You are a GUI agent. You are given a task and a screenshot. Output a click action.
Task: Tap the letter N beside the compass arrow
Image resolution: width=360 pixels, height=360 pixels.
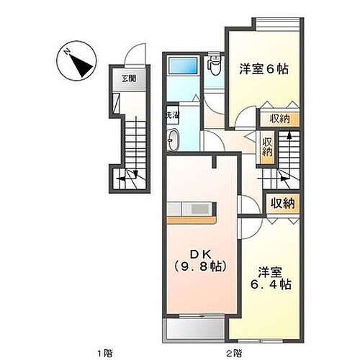[x=66, y=52]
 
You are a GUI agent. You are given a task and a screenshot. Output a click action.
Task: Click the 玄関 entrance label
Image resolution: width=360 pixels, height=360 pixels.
[x=127, y=79]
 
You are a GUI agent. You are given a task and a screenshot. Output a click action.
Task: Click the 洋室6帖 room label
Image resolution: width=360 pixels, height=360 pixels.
[x=264, y=69]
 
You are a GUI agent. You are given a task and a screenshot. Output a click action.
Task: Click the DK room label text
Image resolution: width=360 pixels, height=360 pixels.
[x=198, y=253]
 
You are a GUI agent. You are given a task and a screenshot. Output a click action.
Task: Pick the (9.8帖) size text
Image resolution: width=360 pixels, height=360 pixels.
[x=198, y=266]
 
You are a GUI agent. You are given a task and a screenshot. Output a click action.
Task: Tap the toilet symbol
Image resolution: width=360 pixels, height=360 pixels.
[x=214, y=67]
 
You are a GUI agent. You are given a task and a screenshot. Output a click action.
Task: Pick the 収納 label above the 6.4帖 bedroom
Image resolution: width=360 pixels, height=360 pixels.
[x=283, y=203]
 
